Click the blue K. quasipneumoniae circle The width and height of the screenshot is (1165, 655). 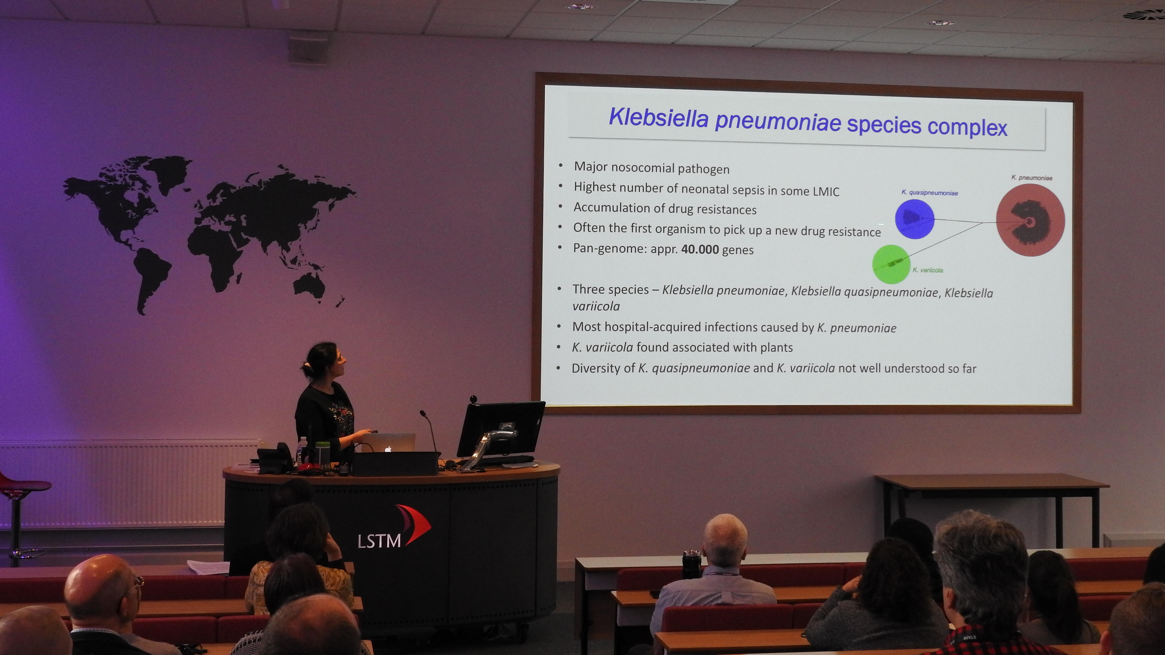915,219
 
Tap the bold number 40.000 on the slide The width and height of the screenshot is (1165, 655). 700,249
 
